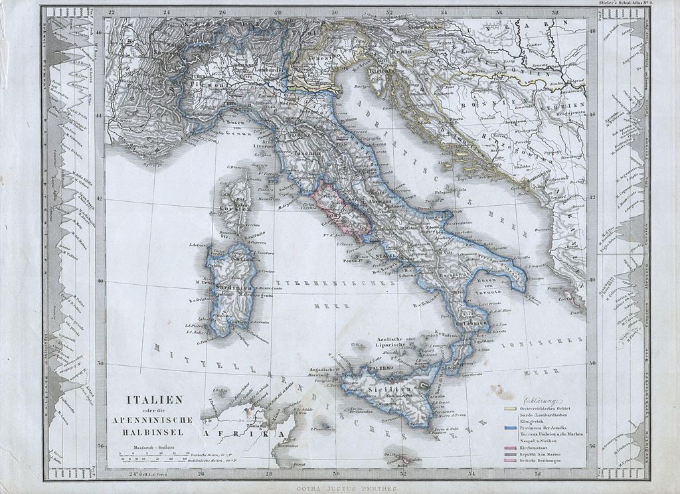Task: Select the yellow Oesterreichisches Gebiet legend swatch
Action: point(511,409)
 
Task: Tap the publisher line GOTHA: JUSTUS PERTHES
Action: point(342,488)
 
